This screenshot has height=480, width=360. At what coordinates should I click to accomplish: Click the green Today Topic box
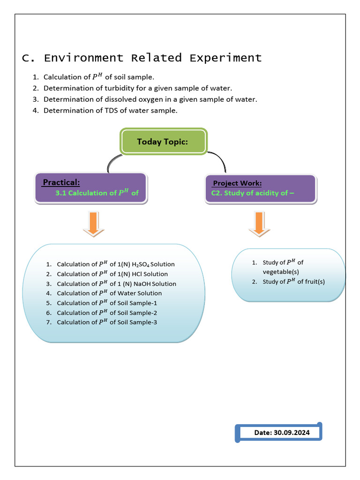(163, 141)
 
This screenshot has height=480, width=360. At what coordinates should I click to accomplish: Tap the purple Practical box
(90, 188)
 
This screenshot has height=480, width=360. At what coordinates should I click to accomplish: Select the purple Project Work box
(261, 188)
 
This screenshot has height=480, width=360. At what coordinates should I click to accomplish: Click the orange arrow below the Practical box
(94, 224)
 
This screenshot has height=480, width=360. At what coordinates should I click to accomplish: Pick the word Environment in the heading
(84, 58)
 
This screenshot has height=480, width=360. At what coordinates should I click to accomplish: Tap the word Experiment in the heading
(225, 58)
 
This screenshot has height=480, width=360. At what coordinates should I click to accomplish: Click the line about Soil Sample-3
(107, 322)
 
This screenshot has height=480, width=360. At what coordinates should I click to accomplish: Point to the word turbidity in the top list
(115, 88)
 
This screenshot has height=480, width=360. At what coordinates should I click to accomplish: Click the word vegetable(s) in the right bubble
(281, 272)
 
